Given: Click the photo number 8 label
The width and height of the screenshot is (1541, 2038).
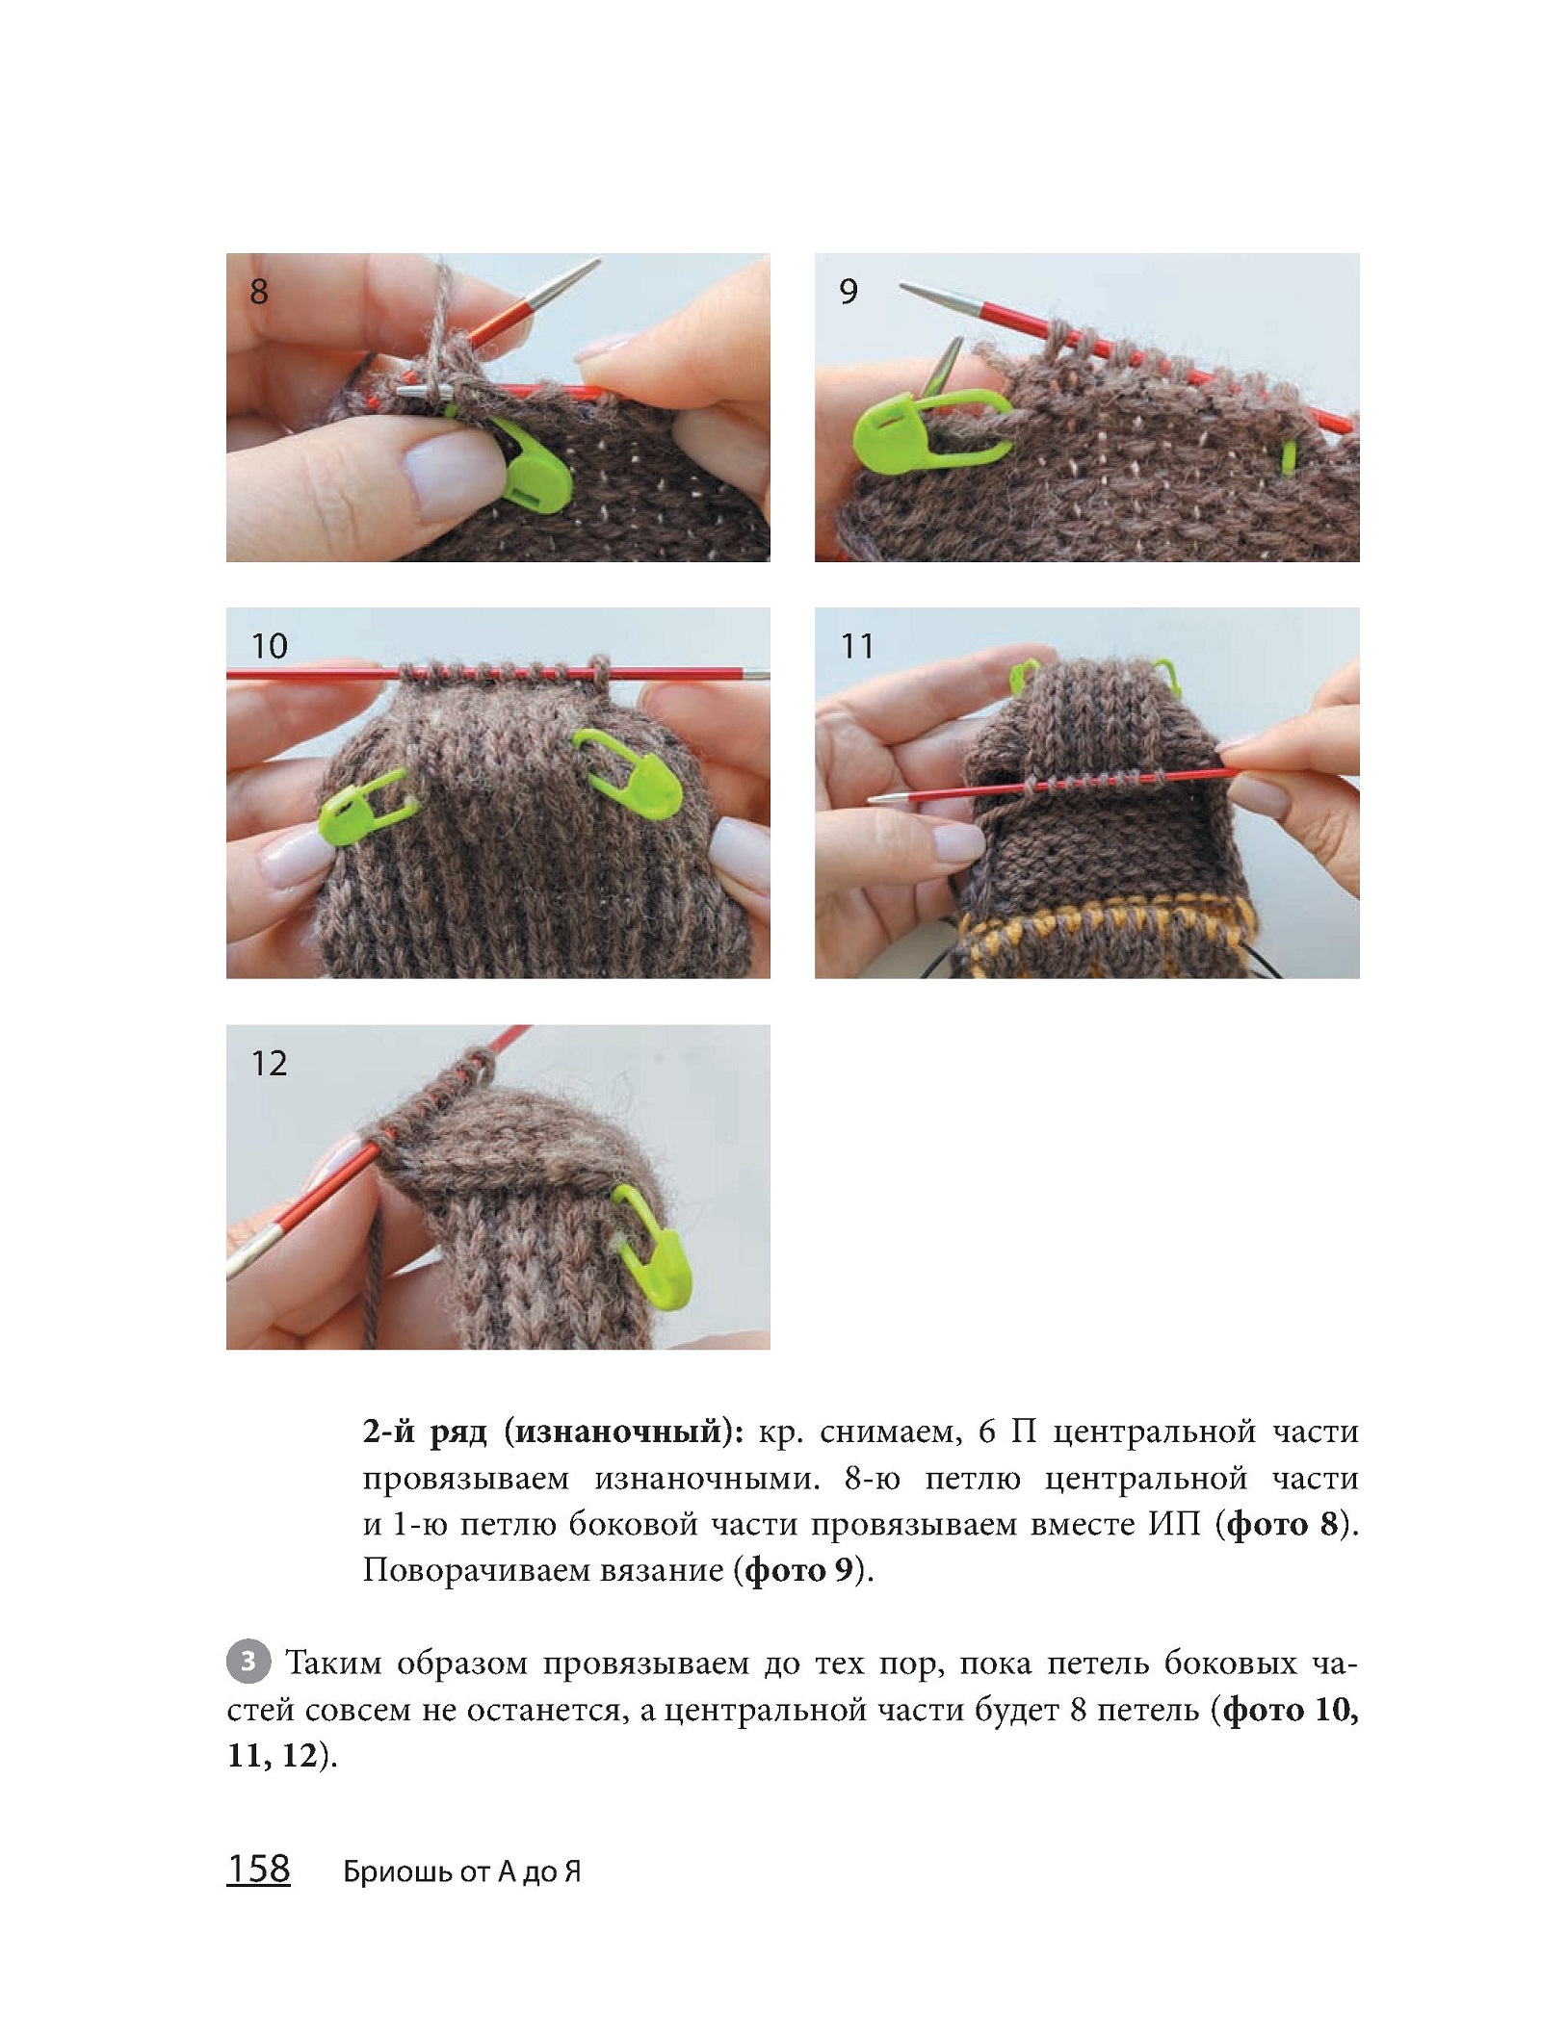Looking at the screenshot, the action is coord(258,291).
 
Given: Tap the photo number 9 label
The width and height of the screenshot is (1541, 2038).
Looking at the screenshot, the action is coord(848,291).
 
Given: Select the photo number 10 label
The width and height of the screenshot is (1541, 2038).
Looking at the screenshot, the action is coord(269,646).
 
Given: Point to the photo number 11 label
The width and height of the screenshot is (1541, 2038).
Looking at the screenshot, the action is coord(856,646).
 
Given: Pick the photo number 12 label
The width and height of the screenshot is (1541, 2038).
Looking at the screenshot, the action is coord(269,1064).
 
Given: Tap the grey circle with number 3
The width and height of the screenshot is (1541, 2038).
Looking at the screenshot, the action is coord(248,1663).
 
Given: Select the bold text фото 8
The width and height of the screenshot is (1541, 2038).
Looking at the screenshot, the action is coord(1283,1525).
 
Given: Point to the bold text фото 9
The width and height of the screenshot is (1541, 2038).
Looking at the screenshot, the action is coord(801,1571).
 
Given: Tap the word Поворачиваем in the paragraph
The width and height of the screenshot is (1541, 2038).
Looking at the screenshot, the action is coord(477,1572).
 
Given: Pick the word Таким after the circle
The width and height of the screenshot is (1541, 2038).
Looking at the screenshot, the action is coord(335,1664).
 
